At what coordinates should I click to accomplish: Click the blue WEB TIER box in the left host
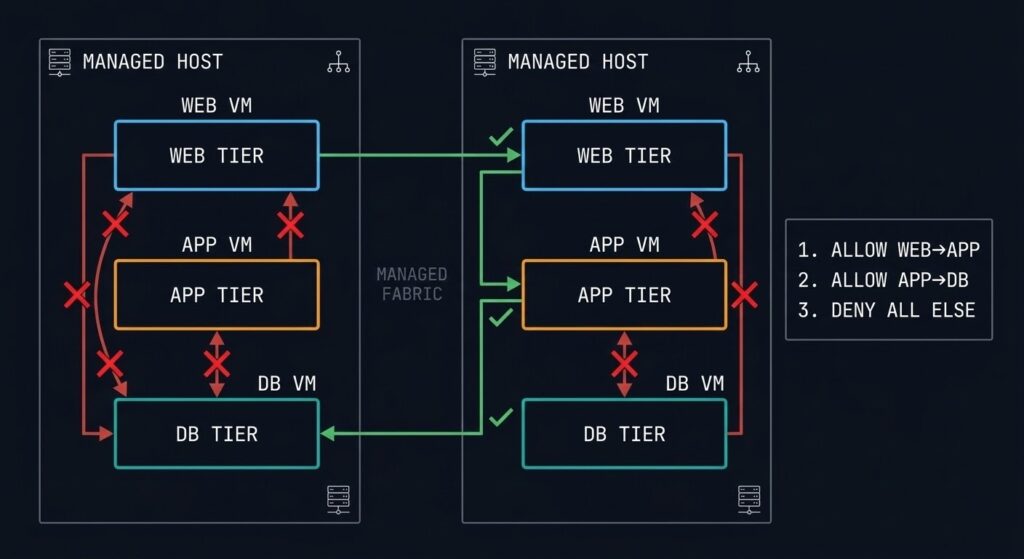coord(217,155)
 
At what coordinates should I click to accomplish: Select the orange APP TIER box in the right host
coord(624,295)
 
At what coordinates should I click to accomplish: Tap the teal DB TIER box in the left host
coord(217,434)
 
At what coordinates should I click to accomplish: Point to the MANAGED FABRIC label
coord(412,284)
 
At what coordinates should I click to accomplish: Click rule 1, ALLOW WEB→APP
coord(888,251)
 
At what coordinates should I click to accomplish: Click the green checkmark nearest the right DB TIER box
coord(501,415)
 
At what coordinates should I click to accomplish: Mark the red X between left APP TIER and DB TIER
coord(217,364)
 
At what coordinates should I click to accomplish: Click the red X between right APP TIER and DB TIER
coord(624,364)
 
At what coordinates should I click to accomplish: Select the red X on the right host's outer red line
coord(743,295)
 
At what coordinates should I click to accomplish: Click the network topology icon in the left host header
coord(339,62)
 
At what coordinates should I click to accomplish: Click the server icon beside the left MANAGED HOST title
coord(60,62)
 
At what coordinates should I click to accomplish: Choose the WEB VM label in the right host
coord(624,105)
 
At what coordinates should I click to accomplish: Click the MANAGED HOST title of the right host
coord(577,62)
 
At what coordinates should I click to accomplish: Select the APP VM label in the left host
coord(217,245)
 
